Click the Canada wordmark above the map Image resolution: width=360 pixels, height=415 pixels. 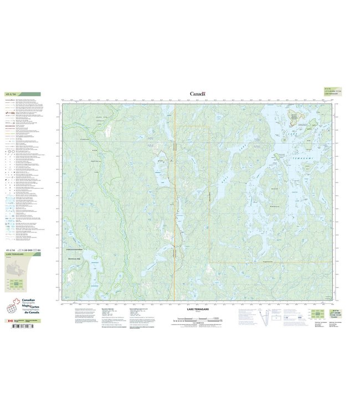pos(198,94)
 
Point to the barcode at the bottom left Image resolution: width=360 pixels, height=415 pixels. pos(18,328)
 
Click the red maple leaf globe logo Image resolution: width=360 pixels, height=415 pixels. pos(11,308)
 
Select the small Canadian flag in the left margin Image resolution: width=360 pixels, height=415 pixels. pos(9,320)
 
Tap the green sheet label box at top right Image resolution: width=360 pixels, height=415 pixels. pos(331,92)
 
